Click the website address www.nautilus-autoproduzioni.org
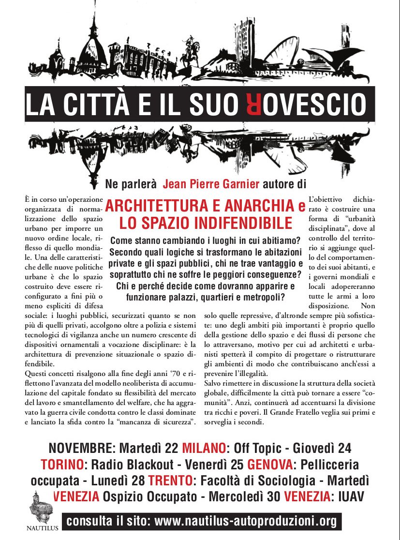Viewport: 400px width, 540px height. [245, 522]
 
